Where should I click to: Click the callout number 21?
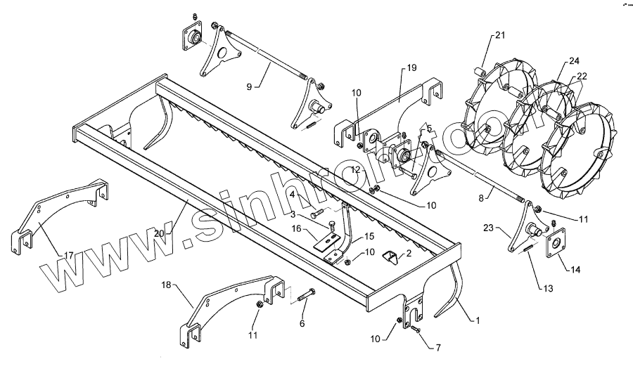499,35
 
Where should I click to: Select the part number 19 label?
412,68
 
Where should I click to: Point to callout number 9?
249,86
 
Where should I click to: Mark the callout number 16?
297,228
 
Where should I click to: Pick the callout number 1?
477,321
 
